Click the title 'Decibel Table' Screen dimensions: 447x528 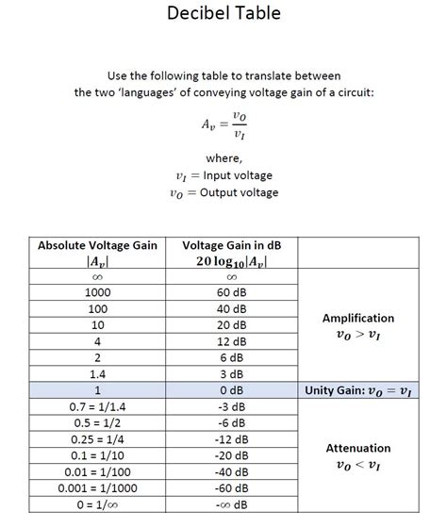coord(223,14)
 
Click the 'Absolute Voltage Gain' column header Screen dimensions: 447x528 coord(96,245)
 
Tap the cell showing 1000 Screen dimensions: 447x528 coord(97,292)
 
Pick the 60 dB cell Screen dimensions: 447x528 coord(232,292)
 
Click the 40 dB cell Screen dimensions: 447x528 coord(232,308)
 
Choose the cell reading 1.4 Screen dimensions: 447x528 coord(97,373)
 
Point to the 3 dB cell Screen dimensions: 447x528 coord(232,373)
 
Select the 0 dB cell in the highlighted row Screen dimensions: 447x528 coord(232,390)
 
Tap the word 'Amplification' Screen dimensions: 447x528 coord(358,318)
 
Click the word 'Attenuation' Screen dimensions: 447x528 coord(358,448)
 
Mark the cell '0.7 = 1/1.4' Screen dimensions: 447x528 coord(97,406)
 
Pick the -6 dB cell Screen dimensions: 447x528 coord(232,422)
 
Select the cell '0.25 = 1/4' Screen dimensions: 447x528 coord(97,438)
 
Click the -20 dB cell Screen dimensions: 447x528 coord(232,454)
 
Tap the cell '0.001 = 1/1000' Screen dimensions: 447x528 coord(97,487)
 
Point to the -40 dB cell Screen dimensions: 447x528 coord(232,471)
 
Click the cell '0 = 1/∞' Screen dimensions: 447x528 coord(97,504)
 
